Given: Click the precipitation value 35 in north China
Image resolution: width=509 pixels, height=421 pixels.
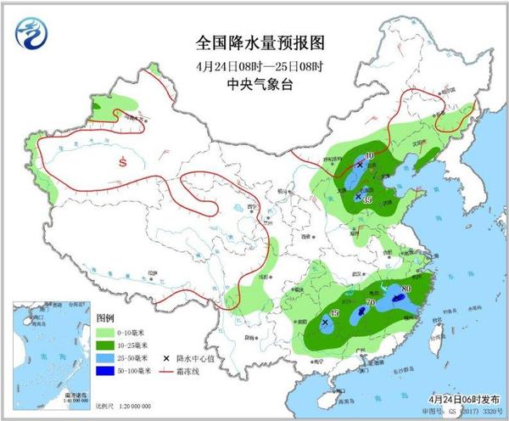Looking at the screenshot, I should [366, 199].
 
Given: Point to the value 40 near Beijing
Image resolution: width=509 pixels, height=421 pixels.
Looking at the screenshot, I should [368, 155].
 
